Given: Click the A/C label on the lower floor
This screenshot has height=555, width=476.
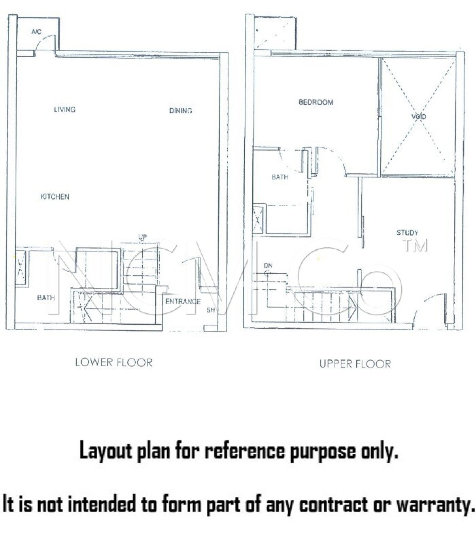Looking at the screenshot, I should [x=36, y=32].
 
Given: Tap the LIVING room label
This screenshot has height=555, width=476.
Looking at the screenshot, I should [x=65, y=109].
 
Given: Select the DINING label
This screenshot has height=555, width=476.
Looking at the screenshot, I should [x=180, y=110].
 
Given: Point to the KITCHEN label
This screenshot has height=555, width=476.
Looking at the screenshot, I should [x=55, y=196].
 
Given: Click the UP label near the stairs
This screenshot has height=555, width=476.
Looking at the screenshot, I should [x=142, y=237].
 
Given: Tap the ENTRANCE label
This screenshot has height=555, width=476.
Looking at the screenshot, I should [x=183, y=301].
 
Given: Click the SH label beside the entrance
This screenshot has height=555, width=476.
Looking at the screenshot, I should [x=210, y=310].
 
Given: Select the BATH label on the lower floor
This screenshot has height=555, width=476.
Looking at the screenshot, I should [x=46, y=298].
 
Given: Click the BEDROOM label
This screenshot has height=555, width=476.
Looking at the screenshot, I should [x=316, y=102].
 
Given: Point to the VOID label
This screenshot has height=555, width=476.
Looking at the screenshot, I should [x=419, y=117].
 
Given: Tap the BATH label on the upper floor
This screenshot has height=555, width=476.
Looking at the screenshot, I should [x=280, y=177].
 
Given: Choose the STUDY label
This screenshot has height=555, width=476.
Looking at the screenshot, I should [x=407, y=233].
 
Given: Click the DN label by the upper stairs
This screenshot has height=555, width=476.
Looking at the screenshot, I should [x=268, y=266].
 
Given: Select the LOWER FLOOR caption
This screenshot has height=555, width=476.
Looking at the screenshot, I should [x=114, y=363].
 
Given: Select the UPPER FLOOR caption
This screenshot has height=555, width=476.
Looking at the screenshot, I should [x=355, y=364].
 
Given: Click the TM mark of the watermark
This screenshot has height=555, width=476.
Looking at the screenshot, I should [x=415, y=245].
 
